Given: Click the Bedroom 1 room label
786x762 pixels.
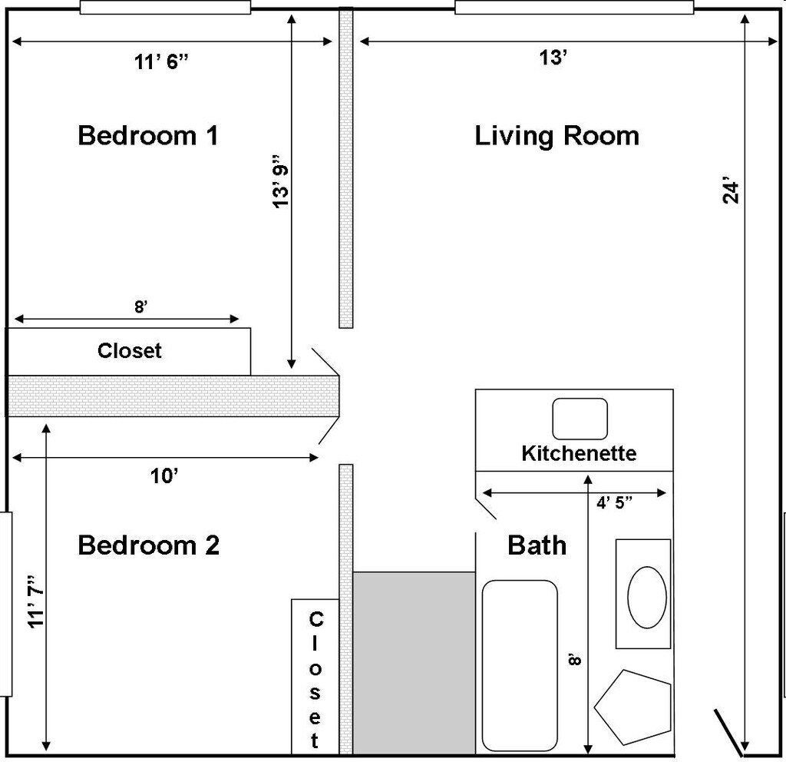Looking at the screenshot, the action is pos(148,135).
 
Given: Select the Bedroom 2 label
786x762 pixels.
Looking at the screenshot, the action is pos(149,545).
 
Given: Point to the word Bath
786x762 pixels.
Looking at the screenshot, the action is pos(537,545).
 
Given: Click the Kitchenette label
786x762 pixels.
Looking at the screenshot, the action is pos(579,453).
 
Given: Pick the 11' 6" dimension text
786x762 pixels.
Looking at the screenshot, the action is pos(161,62).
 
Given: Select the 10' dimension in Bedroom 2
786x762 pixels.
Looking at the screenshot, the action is pos(164,476).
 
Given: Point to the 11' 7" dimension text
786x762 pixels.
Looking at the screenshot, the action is pos(37,601).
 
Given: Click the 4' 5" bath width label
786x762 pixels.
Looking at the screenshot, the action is pos(614,502).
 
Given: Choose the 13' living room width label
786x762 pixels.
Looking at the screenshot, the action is pos(553,58).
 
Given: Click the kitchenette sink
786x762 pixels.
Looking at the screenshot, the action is pos(580,419).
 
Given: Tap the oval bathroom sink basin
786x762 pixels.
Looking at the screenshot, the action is pos(647,598).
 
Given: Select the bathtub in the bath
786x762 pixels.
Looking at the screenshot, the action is pos(520,666).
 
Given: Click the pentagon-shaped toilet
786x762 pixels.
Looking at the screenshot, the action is pos(633,707).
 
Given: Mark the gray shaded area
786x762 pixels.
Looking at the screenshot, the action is pos(414,663).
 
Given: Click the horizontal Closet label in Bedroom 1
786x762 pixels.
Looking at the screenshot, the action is pos(129,351).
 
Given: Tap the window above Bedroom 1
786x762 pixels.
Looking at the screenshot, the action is pos(166,8).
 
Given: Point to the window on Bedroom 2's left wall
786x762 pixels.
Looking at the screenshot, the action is pos(5,604).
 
